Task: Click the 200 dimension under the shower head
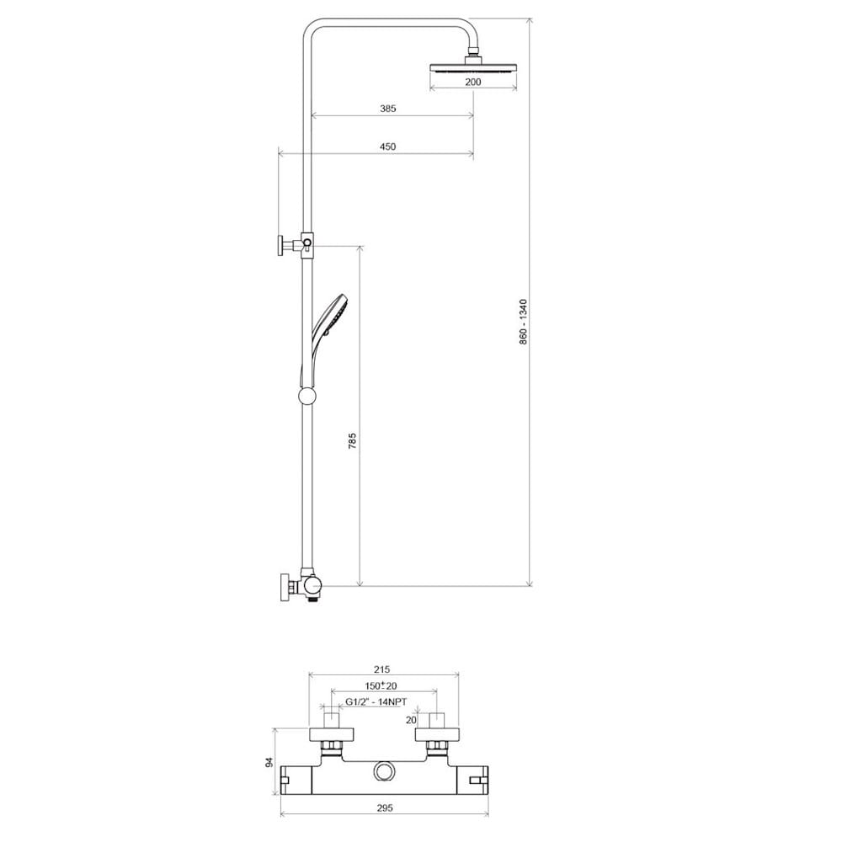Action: (x=473, y=83)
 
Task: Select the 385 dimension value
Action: (x=387, y=109)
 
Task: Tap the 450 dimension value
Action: (x=387, y=147)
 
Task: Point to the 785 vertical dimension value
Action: (x=352, y=440)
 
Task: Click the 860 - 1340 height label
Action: (x=524, y=322)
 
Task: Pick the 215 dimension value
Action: (x=381, y=669)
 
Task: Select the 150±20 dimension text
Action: (x=381, y=685)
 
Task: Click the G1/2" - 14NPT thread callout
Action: (x=376, y=701)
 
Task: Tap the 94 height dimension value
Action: (x=269, y=761)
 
